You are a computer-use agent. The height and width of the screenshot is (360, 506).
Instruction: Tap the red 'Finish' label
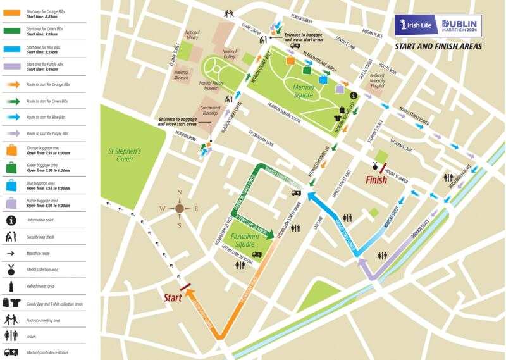click(x=378, y=180)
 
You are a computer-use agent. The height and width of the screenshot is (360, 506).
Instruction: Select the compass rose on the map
click(x=180, y=208)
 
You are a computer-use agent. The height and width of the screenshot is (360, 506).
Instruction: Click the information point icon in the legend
click(x=11, y=220)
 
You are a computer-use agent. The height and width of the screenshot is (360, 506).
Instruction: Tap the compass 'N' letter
click(x=180, y=193)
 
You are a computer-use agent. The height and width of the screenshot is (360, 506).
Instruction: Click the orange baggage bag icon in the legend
click(x=11, y=151)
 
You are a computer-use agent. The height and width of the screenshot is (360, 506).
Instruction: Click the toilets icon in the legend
click(x=11, y=335)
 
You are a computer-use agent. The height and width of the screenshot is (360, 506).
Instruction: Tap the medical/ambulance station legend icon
click(x=11, y=351)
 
